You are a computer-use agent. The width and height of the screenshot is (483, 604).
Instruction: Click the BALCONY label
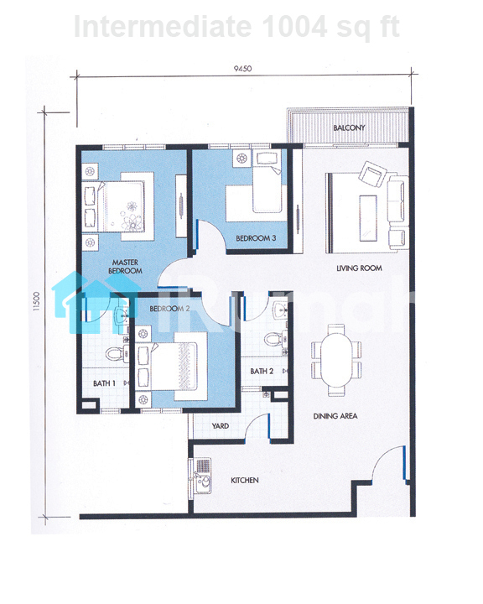click(349, 128)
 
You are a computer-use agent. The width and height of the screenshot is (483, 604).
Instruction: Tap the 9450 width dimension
click(242, 69)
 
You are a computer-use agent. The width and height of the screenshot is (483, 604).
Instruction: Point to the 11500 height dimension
click(36, 301)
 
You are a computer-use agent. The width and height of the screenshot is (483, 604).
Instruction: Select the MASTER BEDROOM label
click(125, 267)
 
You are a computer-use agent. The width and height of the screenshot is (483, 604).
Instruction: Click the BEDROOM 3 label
click(256, 238)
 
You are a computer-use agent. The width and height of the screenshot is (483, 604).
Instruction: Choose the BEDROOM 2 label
click(169, 309)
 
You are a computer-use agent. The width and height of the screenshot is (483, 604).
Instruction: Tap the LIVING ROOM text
click(359, 268)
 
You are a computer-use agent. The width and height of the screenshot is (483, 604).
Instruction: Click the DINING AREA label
click(335, 416)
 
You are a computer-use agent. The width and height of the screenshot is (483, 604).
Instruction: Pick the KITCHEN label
click(245, 481)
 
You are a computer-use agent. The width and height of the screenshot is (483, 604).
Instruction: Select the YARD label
click(221, 426)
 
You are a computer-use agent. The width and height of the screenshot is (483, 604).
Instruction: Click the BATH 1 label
click(104, 383)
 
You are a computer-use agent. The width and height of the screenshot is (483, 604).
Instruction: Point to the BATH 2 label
click(262, 372)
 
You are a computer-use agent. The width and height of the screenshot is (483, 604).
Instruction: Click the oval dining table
click(336, 360)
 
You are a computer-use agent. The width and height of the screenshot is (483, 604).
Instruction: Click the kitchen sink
click(200, 476)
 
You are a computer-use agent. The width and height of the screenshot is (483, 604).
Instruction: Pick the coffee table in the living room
click(368, 218)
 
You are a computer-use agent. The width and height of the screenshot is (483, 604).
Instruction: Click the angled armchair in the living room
click(372, 174)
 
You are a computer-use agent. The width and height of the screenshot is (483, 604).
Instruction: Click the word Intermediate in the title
click(162, 26)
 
